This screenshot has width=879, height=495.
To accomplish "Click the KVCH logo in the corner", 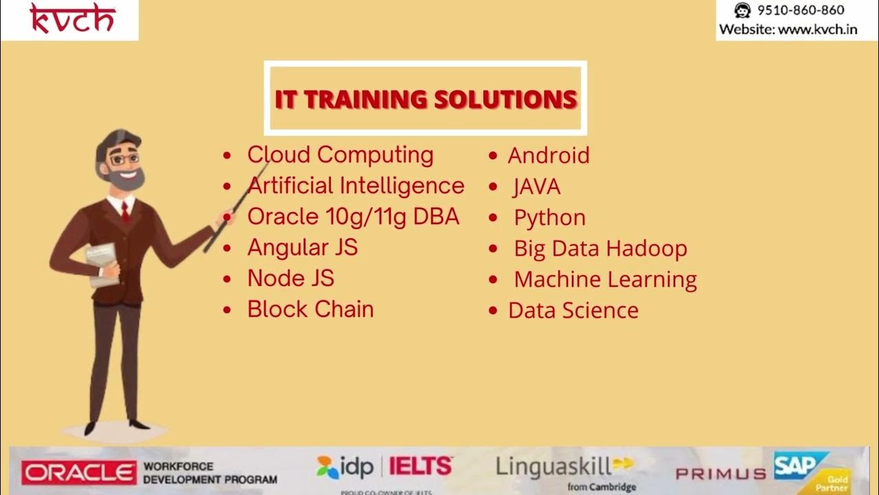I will point(71,19).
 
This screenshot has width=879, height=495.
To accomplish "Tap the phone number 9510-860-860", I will point(800,10).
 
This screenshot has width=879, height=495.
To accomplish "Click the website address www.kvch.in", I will point(818,30).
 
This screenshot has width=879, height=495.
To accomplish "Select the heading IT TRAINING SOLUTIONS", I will point(426,99).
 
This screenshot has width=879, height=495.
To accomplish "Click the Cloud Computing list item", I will point(340,155).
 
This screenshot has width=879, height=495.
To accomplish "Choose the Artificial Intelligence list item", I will point(356,186).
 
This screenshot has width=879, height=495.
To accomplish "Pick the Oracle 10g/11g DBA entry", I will point(353,217).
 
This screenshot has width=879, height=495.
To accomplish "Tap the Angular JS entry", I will point(302,247).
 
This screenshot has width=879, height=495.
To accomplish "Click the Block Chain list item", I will point(310,309).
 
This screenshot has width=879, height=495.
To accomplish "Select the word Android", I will point(548,155).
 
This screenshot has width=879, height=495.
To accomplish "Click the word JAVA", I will point(536,186).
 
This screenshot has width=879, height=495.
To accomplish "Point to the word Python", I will point(549,218).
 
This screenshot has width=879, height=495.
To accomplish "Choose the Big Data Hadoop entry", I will point(600,249).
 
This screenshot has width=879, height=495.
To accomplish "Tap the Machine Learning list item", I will point(605,280).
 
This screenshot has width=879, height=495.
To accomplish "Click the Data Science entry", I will point(573,311).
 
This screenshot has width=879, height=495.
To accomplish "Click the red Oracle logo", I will point(79,472).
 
